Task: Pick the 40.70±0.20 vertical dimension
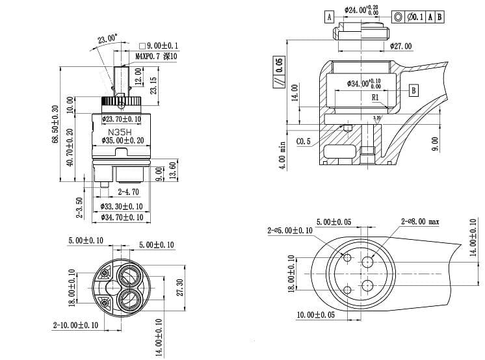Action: pos(70,147)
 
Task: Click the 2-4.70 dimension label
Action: pos(128,192)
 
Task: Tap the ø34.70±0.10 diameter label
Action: pos(122,216)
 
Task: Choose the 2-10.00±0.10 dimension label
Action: pos(76,325)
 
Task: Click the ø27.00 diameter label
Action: pos(401,47)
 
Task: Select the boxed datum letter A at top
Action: pos(330,16)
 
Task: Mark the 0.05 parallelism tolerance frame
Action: pos(279,71)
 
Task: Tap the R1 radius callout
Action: pos(375,97)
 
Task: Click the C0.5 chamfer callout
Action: pos(303,141)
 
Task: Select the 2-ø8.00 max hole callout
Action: pos(420,222)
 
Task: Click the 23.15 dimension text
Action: pos(153,85)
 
